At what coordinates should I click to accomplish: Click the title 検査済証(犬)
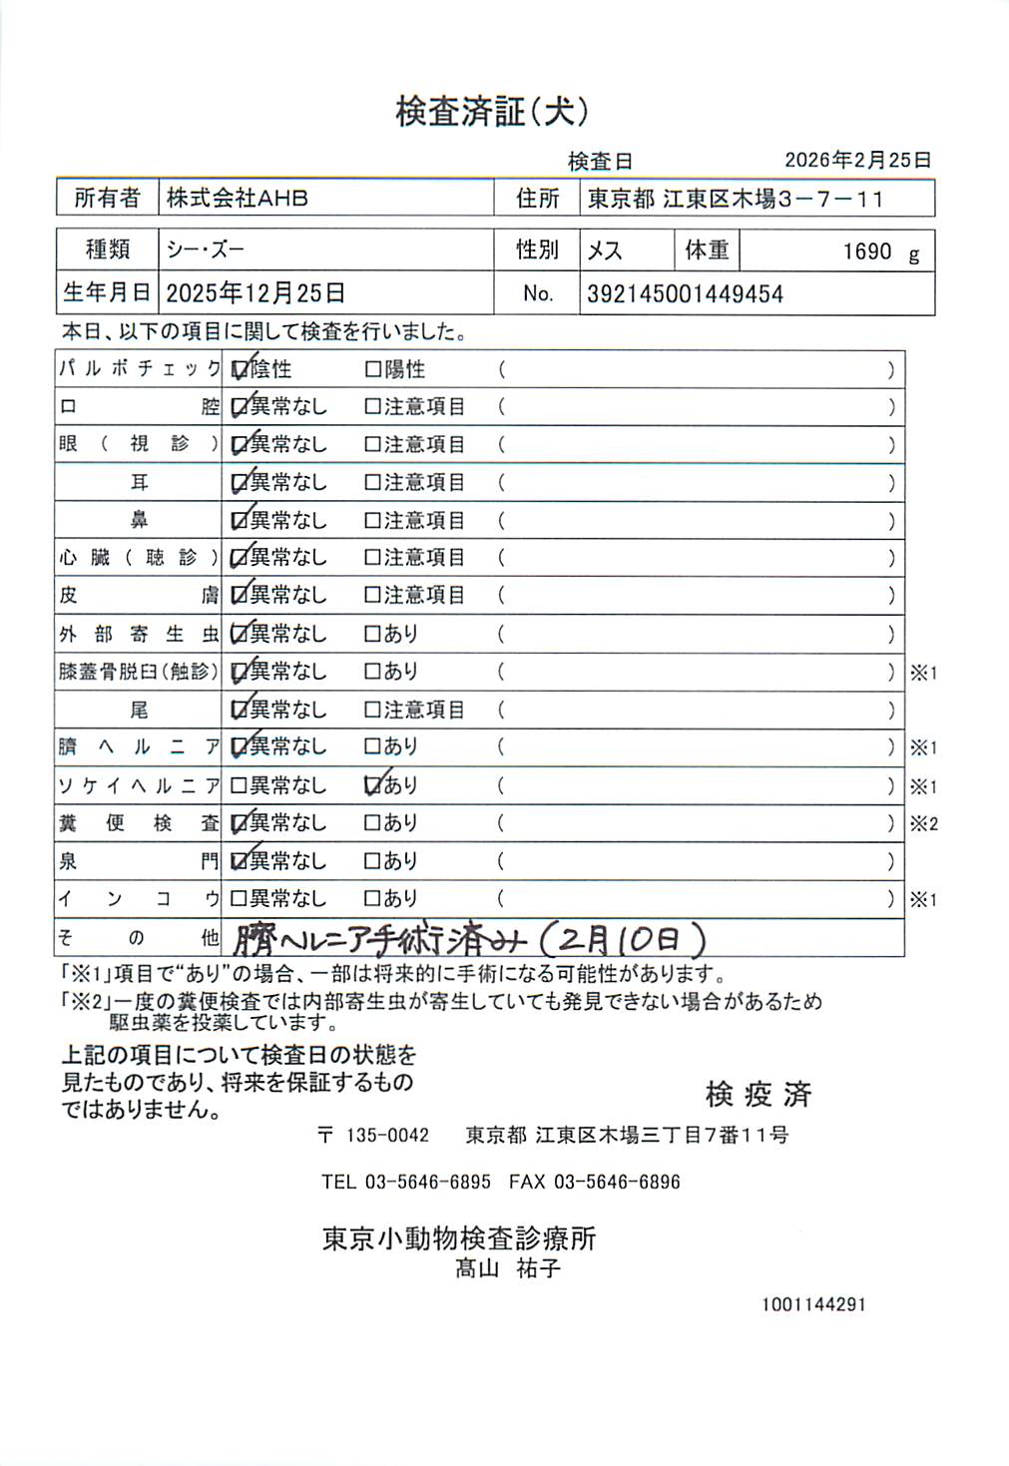pyautogui.click(x=492, y=111)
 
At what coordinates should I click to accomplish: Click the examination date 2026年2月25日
pyautogui.click(x=857, y=160)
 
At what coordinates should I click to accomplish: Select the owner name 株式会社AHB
pyautogui.click(x=238, y=198)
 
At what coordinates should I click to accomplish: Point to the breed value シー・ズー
pyautogui.click(x=206, y=249)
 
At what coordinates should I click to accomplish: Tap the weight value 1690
pyautogui.click(x=866, y=251)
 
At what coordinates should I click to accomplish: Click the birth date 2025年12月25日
pyautogui.click(x=255, y=293)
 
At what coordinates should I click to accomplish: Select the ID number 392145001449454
pyautogui.click(x=685, y=294)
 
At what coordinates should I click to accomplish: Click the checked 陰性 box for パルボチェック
pyautogui.click(x=240, y=369)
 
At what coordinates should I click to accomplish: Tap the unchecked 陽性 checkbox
pyautogui.click(x=373, y=370)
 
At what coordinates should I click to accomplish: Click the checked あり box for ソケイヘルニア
pyautogui.click(x=374, y=786)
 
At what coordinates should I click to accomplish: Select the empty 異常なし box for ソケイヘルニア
pyautogui.click(x=239, y=786)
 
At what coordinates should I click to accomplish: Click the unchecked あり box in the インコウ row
pyautogui.click(x=373, y=899)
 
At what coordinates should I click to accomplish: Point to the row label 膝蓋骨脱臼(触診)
pyautogui.click(x=137, y=672)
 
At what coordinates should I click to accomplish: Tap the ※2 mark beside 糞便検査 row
pyautogui.click(x=923, y=824)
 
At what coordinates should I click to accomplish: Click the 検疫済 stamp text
pyautogui.click(x=758, y=1095)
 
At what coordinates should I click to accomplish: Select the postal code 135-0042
pyautogui.click(x=387, y=1136)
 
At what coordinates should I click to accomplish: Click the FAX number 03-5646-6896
pyautogui.click(x=617, y=1183)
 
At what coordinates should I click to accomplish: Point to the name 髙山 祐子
pyautogui.click(x=508, y=1269)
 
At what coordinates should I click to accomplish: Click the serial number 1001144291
pyautogui.click(x=813, y=1304)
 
